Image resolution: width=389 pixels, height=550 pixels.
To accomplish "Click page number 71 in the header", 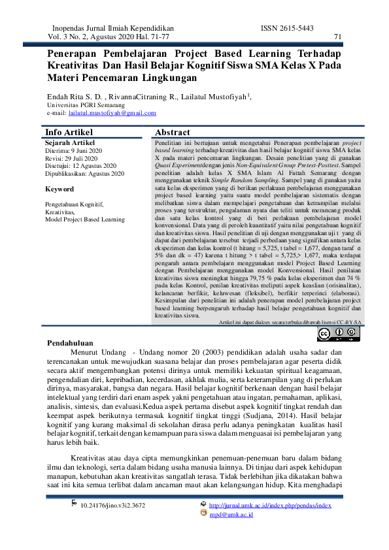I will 337,37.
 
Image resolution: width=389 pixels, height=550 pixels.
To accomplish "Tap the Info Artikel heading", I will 69,132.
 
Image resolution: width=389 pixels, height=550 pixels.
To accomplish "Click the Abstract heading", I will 173,132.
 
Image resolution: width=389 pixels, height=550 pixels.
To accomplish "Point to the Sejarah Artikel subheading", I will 71,142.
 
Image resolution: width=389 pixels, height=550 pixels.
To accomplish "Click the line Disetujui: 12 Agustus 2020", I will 80,166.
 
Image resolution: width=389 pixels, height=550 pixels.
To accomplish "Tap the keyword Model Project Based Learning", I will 84,220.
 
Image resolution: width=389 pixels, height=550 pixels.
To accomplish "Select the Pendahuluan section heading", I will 71,343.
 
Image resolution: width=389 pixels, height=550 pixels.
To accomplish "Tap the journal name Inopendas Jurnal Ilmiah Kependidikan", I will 112,29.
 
